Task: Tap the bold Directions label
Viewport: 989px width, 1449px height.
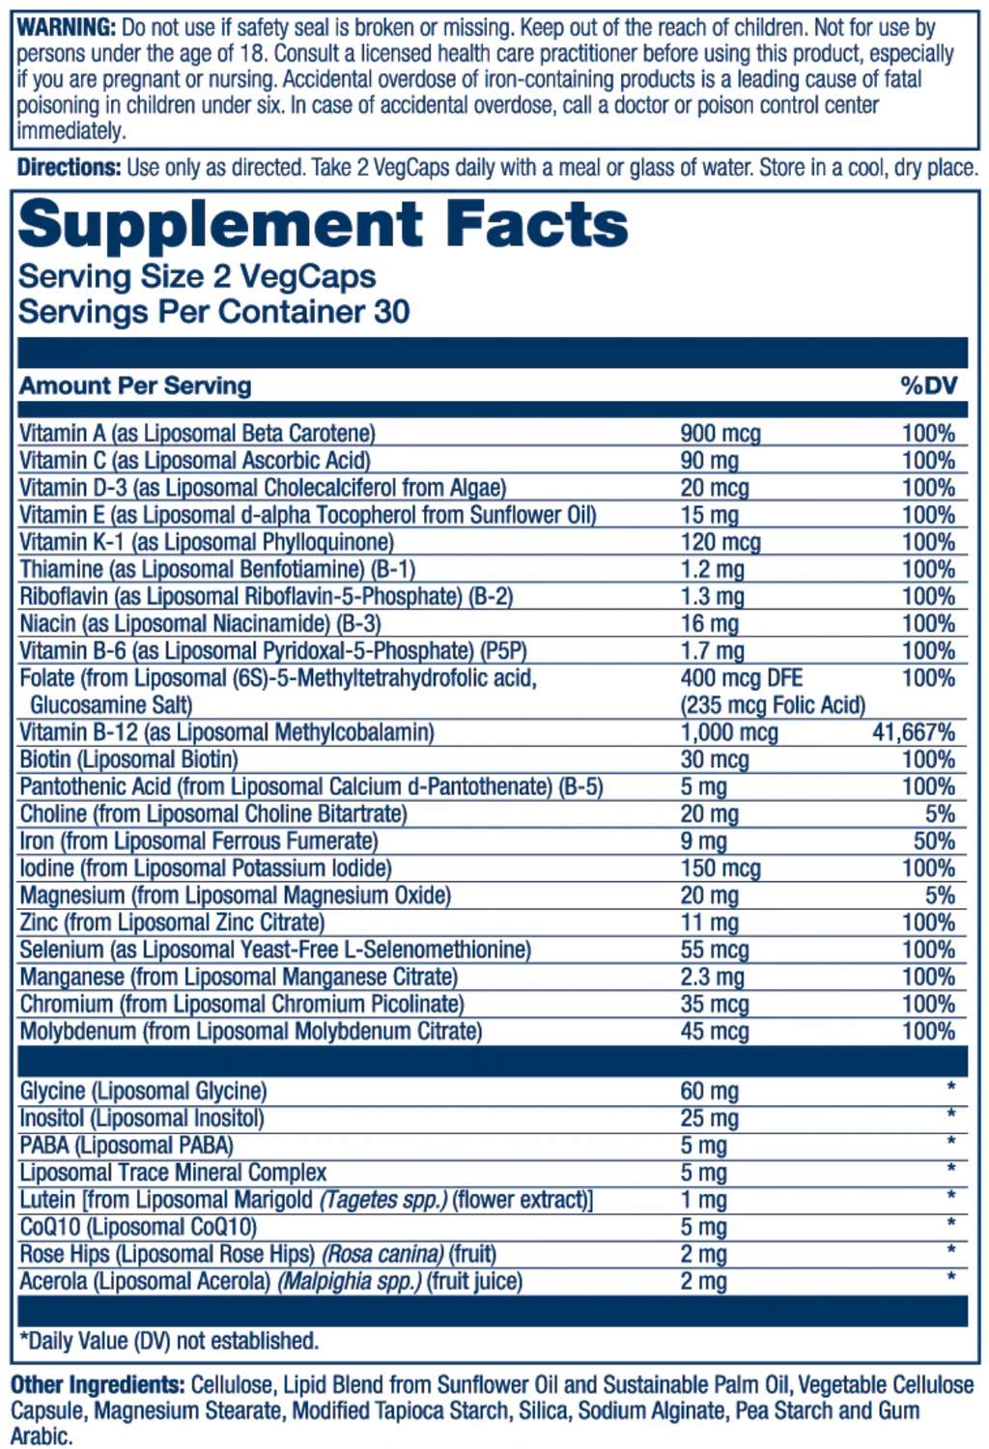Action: pos(69,168)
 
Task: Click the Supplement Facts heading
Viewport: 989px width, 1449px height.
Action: pos(323,225)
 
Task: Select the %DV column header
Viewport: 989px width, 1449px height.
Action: pos(928,386)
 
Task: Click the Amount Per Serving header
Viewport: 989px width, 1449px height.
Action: pos(135,386)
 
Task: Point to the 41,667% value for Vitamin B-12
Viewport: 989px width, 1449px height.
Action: pos(913,733)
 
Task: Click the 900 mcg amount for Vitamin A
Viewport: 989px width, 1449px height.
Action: pos(720,434)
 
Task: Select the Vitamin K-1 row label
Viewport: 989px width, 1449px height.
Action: pos(207,543)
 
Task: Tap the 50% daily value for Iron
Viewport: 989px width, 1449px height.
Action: pos(934,841)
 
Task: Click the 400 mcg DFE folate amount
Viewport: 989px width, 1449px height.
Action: pos(741,678)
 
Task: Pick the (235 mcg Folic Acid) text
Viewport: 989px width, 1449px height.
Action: pos(773,705)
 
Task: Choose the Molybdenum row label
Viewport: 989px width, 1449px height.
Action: pos(251,1032)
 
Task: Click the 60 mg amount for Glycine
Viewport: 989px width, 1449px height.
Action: pos(709,1092)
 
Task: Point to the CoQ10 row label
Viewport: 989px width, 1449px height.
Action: pos(138,1228)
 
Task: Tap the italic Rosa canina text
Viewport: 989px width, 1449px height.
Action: pos(382,1255)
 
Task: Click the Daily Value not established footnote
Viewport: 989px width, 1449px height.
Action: pos(169,1341)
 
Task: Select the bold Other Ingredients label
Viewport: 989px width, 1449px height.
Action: pos(98,1385)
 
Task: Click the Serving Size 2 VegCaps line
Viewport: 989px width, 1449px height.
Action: pos(197,277)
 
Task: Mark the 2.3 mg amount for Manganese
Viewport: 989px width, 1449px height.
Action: pos(712,978)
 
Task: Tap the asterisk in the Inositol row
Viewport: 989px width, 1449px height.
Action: pos(950,1116)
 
